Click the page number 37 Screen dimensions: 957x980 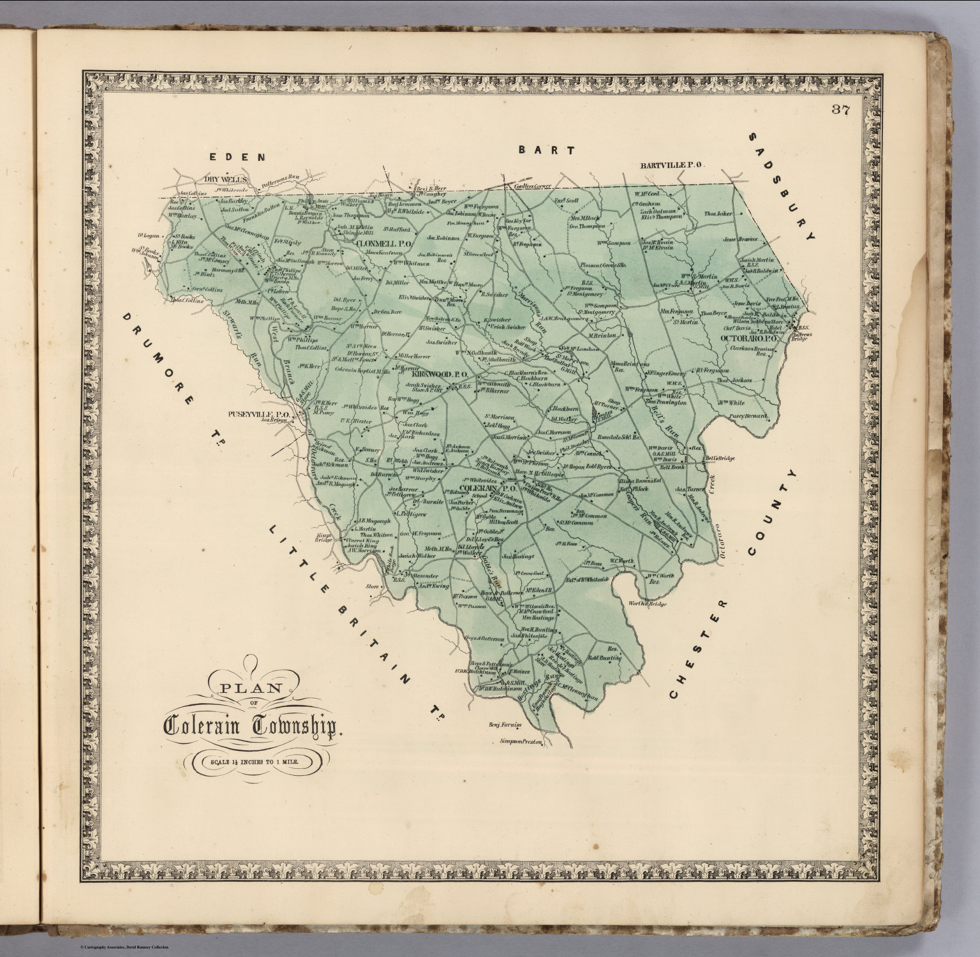(840, 109)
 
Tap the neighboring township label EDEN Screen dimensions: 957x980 (237, 156)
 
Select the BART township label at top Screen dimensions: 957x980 (546, 150)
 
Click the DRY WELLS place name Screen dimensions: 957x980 (225, 179)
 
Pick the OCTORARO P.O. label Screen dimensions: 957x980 (749, 338)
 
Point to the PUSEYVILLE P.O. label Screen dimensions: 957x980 (259, 414)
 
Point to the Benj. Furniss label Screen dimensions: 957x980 (505, 725)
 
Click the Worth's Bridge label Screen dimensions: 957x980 (648, 604)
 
